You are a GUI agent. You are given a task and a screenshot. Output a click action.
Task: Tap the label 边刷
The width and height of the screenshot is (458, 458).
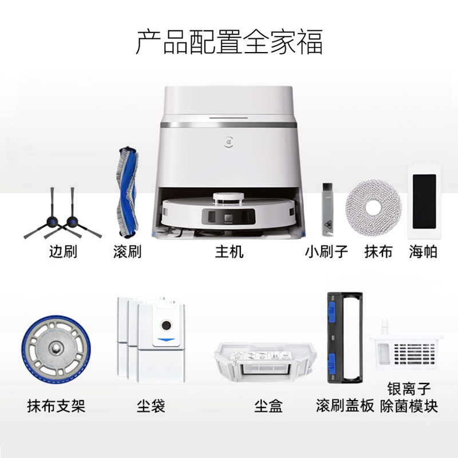[63, 252]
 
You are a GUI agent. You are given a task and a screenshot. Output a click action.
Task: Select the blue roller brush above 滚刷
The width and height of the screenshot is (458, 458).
[128, 191]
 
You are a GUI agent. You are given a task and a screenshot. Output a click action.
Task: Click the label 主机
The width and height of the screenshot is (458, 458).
[229, 252]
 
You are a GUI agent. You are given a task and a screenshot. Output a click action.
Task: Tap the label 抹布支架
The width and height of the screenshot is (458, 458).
[56, 406]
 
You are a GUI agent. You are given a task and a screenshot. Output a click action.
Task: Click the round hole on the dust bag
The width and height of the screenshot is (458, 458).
[165, 326]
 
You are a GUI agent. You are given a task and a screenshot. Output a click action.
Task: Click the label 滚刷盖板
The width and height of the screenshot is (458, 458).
[345, 406]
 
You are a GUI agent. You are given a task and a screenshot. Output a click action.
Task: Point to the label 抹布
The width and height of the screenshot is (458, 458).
[378, 252]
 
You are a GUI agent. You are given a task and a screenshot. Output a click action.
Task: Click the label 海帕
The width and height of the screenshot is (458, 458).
[424, 252]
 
